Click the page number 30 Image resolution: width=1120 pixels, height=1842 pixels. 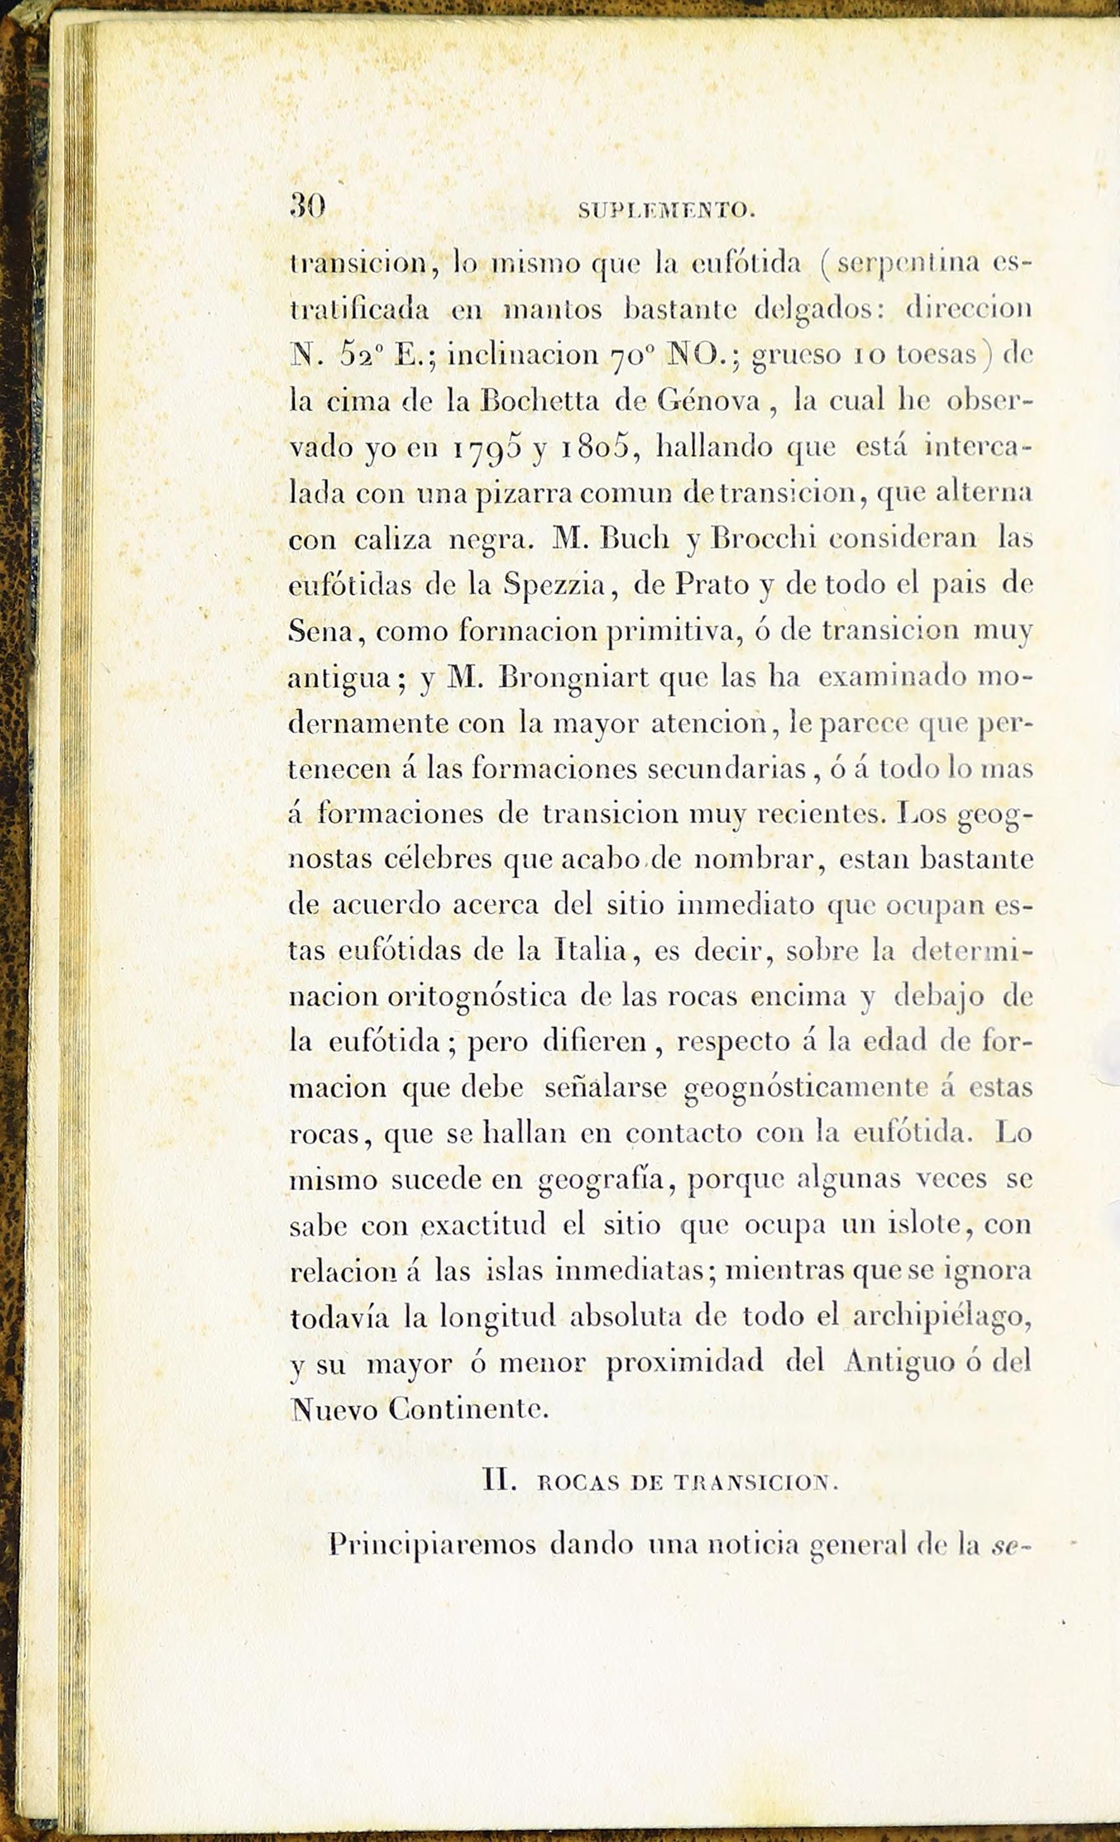point(307,206)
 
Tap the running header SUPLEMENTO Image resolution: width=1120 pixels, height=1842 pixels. point(666,211)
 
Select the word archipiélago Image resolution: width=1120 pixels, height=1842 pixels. point(941,1318)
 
